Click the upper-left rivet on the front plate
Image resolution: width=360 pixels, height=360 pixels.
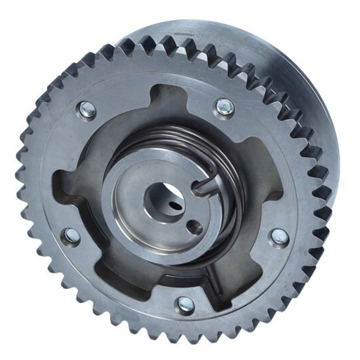[87, 109]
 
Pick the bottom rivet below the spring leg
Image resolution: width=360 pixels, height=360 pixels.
[186, 303]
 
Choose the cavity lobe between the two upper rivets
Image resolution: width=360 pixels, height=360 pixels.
[155, 100]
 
